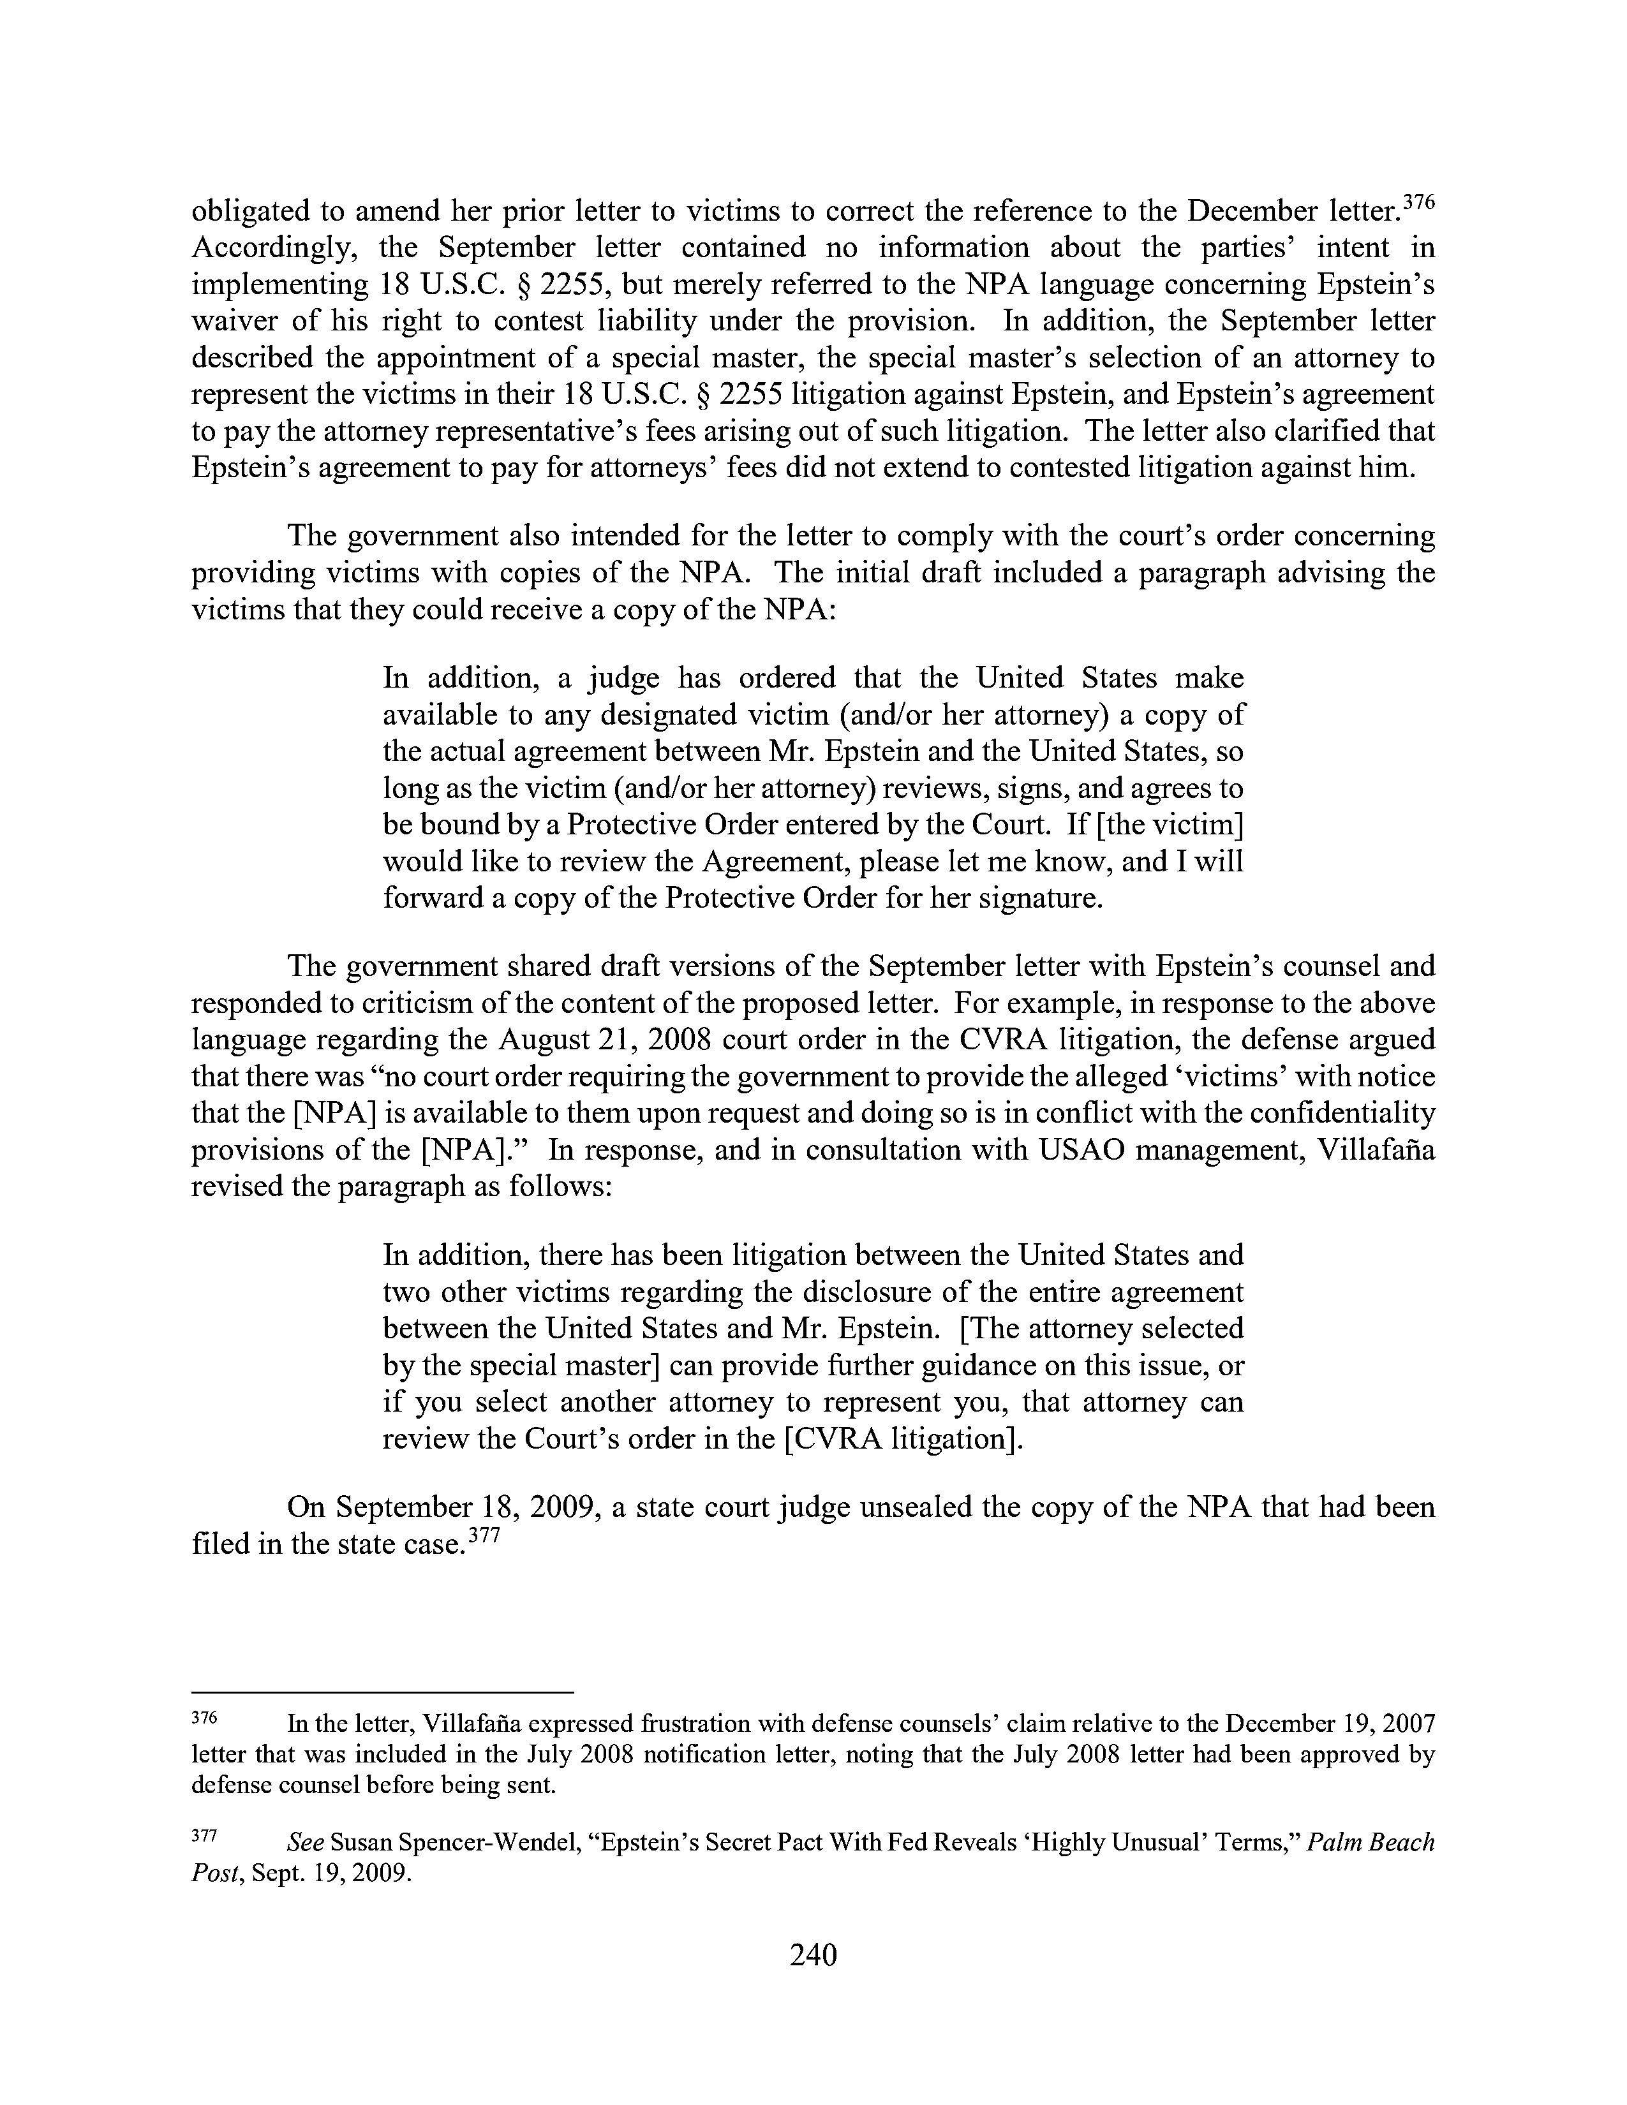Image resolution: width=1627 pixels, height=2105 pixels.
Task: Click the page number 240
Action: pyautogui.click(x=812, y=1954)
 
